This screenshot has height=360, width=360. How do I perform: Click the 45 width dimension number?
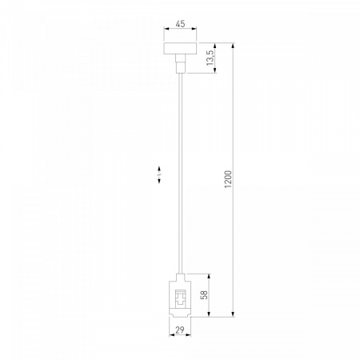point(180,24)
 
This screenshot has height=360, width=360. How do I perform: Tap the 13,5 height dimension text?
point(210,58)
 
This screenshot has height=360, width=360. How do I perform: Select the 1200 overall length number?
point(228,179)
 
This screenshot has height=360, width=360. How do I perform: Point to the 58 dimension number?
point(204,295)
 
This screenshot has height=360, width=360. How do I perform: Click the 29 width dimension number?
point(180,330)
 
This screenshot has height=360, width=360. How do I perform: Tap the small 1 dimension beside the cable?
point(159,174)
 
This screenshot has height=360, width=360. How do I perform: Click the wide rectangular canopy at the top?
point(180,49)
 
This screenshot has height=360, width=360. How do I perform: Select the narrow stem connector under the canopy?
point(180,63)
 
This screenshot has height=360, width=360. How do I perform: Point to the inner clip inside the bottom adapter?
point(180,298)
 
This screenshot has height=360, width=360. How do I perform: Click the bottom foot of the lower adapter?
point(180,314)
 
